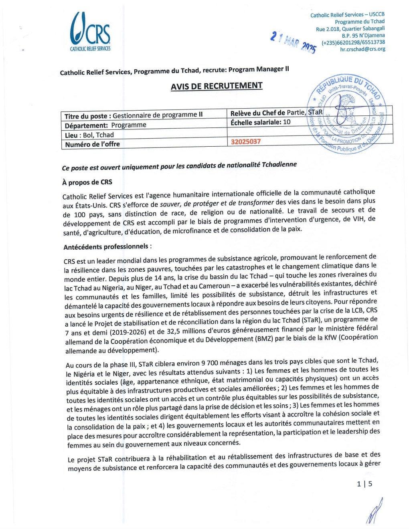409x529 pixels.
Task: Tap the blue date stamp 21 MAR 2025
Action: coord(293,42)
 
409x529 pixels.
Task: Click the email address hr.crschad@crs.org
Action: coord(362,49)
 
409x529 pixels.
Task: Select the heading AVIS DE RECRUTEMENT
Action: coord(217,86)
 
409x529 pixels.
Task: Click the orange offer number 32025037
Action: coord(246,141)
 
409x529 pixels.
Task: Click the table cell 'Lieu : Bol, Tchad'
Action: coord(89,135)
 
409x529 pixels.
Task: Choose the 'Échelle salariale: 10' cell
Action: coord(261,122)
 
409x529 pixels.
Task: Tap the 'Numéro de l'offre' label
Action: coord(93,144)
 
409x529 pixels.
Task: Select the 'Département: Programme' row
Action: coord(105,125)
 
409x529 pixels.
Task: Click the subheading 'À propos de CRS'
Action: coord(87,182)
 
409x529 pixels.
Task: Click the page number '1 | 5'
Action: coord(364,484)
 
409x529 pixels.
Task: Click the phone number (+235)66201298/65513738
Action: coord(353,42)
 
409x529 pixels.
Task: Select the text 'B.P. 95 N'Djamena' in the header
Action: coord(363,35)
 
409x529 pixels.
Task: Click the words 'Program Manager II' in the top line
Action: coord(259,69)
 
